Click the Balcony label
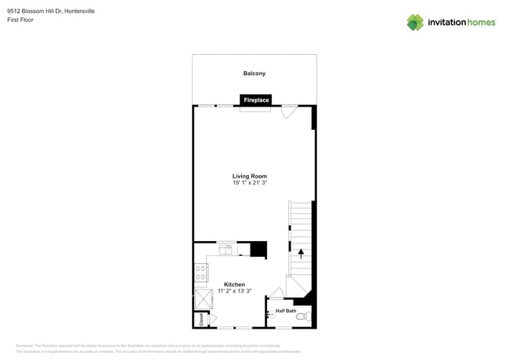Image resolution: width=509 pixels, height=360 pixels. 254,74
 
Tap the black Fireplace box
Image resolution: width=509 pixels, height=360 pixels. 256,100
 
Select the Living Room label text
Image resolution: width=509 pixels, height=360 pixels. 250,176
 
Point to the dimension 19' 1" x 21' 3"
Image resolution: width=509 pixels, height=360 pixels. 250,183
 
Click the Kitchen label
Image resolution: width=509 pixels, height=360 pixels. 234,284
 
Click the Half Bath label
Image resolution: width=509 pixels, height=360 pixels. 286,311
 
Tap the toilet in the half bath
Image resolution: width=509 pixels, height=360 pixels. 304,317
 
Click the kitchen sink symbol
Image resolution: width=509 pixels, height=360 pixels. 226,250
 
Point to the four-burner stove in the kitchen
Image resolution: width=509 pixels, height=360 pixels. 201,272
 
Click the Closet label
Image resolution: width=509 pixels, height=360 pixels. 201,319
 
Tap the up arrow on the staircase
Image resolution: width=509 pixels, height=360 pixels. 301,254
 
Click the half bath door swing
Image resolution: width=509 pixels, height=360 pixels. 276,293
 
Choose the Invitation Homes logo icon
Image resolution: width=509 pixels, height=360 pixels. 415,22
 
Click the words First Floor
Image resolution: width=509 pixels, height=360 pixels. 20,20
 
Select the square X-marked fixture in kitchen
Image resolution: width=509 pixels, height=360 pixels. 204,299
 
